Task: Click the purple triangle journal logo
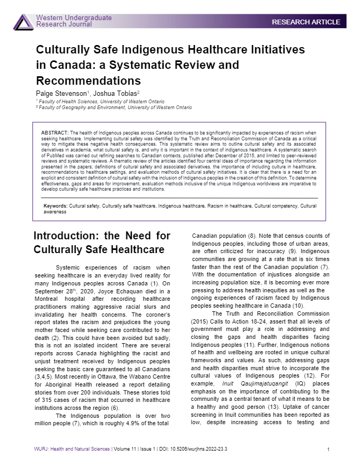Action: click(23, 22)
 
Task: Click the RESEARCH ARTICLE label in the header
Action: click(306, 22)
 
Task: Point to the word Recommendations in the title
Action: click(88, 81)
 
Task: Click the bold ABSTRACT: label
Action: click(55, 133)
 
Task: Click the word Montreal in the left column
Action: click(50, 291)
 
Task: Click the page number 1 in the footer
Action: click(329, 450)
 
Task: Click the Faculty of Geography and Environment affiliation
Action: click(114, 107)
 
